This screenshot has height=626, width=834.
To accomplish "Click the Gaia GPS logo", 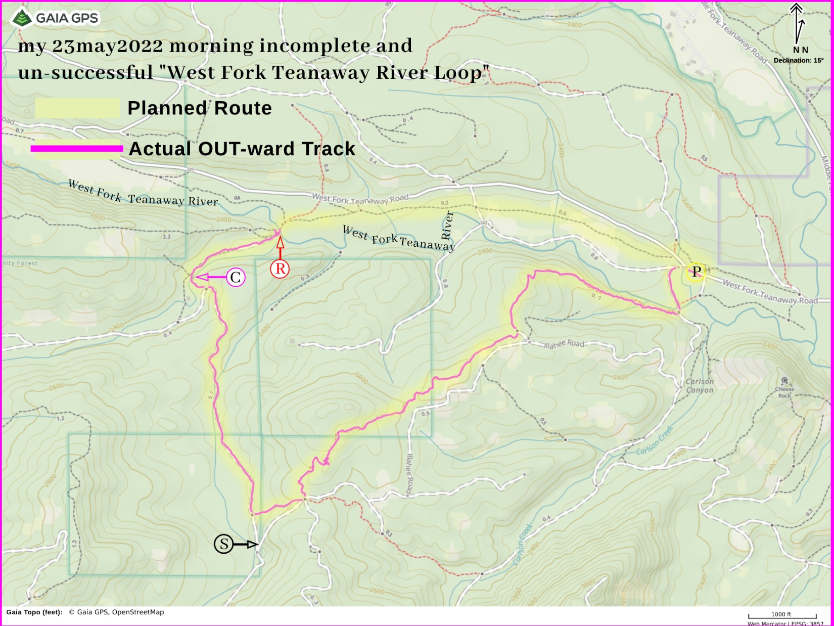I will click(x=55, y=18).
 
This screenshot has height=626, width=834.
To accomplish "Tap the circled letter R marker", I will click(x=280, y=269).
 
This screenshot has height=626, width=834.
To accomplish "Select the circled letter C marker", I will click(x=235, y=277).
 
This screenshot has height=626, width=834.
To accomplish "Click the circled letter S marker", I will click(x=223, y=544).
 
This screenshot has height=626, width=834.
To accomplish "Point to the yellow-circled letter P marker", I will click(x=697, y=272).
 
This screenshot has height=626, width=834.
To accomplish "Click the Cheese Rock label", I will click(x=784, y=392).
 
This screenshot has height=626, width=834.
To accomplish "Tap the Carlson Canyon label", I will click(x=700, y=386).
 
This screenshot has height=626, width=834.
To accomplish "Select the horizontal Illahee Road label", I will click(x=564, y=344).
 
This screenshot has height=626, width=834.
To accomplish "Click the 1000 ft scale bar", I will click(x=781, y=615).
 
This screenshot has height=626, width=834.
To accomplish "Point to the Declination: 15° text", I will click(x=798, y=60).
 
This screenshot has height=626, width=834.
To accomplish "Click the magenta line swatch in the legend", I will click(x=77, y=149).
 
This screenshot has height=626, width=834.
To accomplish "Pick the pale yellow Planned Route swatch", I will click(x=77, y=108).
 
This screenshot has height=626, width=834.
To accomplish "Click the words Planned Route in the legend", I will click(x=200, y=108).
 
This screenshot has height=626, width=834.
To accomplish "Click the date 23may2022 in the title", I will click(x=108, y=46).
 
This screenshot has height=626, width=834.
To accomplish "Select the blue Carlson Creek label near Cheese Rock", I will click(x=655, y=440).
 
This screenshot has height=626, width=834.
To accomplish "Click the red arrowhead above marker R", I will click(x=280, y=243).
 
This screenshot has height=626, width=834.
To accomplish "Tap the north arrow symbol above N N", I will click(x=797, y=23).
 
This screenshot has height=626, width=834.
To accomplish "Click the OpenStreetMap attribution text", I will click(x=137, y=612).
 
